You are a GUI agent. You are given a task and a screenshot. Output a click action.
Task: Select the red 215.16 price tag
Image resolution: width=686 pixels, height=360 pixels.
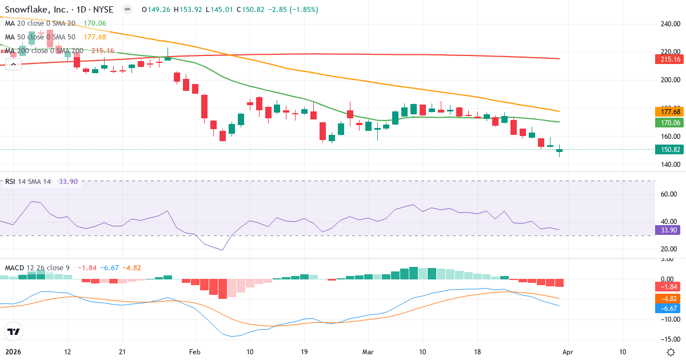[668, 59]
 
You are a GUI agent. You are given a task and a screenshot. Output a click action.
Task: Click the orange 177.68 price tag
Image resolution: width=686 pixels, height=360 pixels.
[668, 112]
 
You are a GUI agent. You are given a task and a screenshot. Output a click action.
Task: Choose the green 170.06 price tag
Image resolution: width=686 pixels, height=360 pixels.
[668, 122]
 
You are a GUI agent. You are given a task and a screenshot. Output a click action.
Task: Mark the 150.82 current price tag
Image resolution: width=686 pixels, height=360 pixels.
[668, 150]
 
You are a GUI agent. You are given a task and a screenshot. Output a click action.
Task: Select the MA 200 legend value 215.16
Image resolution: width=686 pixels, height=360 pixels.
[102, 51]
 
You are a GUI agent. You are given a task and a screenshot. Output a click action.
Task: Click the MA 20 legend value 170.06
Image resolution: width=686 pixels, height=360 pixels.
[94, 23]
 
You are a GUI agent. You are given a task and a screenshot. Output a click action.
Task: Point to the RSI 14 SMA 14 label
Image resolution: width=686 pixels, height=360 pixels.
[27, 182]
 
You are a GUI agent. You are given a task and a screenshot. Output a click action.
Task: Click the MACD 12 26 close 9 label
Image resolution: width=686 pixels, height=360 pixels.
[38, 267]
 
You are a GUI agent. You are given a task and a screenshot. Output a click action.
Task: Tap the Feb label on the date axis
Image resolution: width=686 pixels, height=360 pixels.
[196, 351]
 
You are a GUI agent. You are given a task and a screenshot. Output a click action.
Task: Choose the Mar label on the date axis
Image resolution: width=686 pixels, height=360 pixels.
[368, 351]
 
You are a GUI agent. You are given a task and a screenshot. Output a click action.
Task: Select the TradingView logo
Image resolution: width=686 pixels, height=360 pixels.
[14, 331]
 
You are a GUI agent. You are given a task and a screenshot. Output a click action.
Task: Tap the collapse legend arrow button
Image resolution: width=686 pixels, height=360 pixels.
[13, 64]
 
